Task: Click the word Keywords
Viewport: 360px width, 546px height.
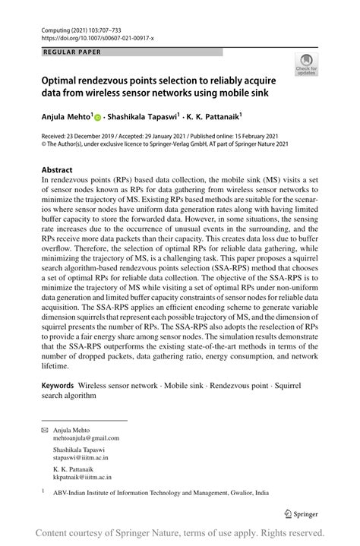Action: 57,386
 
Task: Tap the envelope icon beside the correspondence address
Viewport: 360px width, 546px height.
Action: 44,430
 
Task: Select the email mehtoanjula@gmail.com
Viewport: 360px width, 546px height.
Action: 86,438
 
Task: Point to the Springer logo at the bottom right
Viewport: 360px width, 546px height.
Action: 302,512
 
